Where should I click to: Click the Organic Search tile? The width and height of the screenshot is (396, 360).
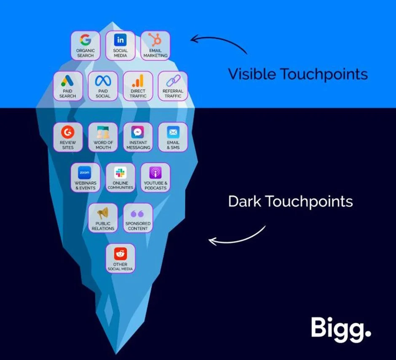click(x=86, y=45)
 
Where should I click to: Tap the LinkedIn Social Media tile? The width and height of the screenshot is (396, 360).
click(x=120, y=45)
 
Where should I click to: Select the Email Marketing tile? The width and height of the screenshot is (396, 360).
click(x=155, y=45)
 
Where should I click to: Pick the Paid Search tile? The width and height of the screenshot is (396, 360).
click(x=68, y=86)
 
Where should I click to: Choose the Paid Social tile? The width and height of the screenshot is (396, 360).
click(x=103, y=86)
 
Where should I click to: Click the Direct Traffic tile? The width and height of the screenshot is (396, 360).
click(x=138, y=86)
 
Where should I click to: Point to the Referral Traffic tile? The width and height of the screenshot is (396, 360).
click(x=173, y=86)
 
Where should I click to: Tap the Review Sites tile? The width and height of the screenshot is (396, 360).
click(x=68, y=137)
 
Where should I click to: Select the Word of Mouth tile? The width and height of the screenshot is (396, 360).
click(x=103, y=137)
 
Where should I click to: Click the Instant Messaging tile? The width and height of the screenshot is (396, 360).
click(x=138, y=137)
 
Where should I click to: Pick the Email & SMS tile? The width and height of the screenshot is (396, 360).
click(x=173, y=137)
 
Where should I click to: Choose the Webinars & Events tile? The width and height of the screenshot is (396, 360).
click(x=86, y=177)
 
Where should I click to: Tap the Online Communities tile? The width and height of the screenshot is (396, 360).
click(x=120, y=177)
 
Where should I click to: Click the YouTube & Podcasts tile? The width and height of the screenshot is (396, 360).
click(x=155, y=177)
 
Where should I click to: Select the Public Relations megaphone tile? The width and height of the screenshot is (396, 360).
click(x=103, y=218)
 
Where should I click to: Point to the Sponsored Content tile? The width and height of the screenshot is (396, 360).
click(x=138, y=218)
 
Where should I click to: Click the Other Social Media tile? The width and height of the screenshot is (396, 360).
click(x=120, y=258)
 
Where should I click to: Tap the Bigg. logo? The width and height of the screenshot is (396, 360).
click(x=341, y=327)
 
